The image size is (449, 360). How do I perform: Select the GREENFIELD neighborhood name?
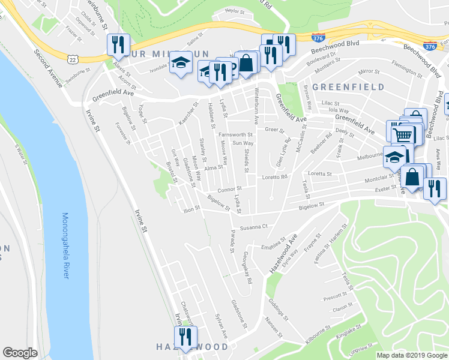[x=348, y=87]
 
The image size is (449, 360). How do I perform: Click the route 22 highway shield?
[x=73, y=58]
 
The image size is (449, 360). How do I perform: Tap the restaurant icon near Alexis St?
[x=118, y=44]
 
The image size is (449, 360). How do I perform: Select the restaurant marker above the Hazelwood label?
[x=184, y=335]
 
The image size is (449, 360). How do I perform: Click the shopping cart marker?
[x=403, y=134]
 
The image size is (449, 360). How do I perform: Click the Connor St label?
[x=229, y=190]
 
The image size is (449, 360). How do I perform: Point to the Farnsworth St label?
[x=235, y=134]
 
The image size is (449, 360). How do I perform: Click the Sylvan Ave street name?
[x=221, y=325]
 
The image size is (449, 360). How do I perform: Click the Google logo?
[x=20, y=353]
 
